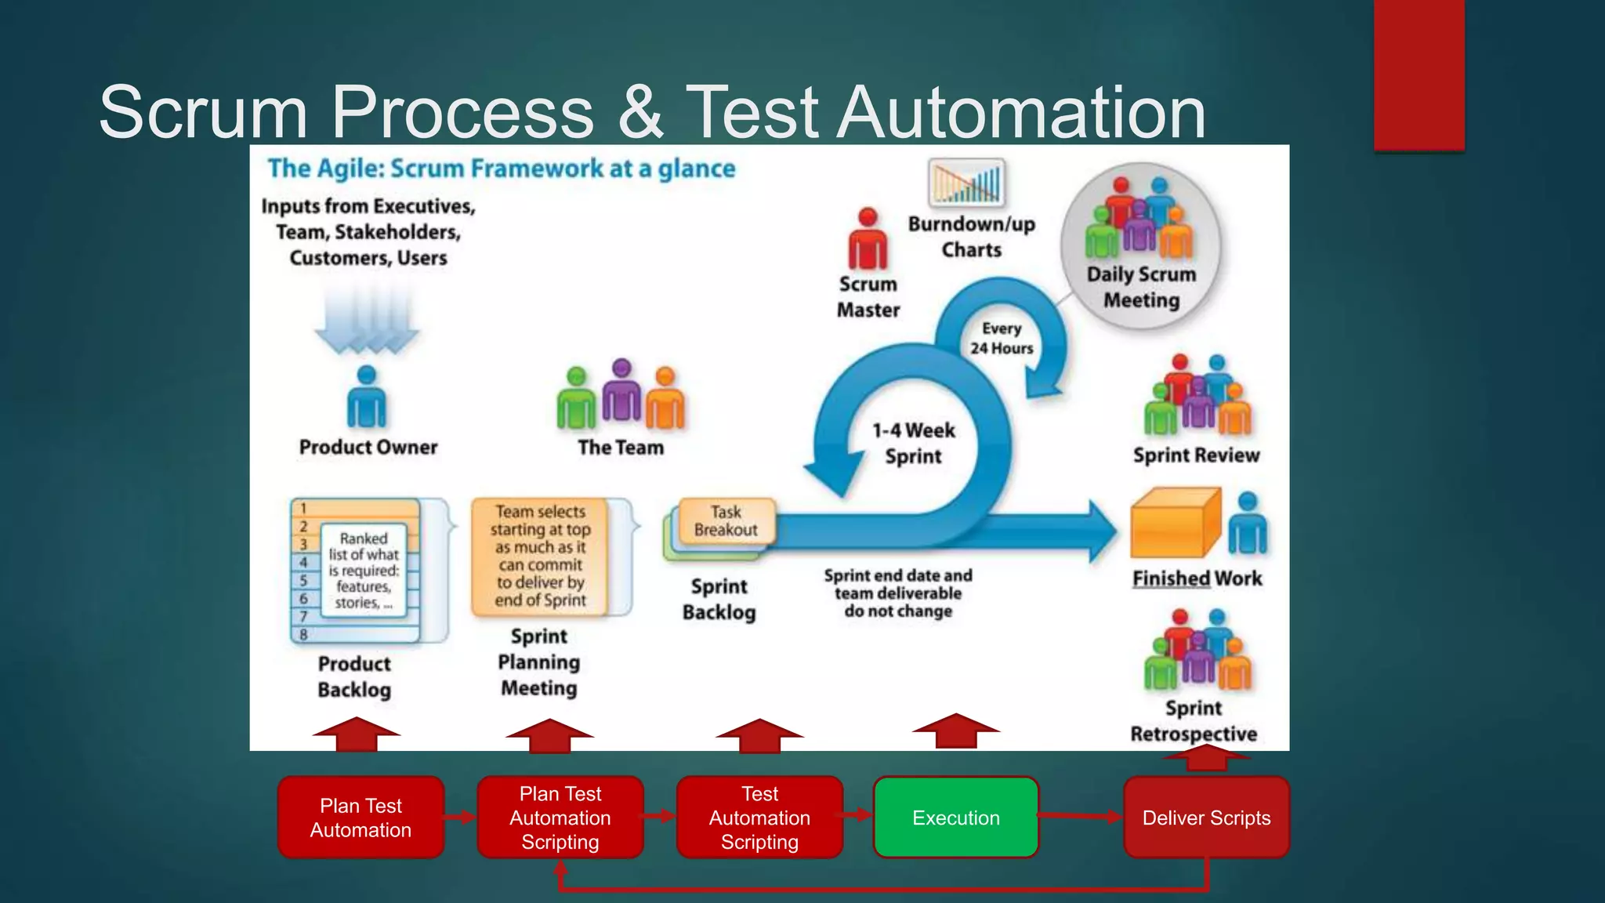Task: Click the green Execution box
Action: point(955,818)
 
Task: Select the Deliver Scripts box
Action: point(1206,818)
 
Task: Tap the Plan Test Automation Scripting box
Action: point(560,818)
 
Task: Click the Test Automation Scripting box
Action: point(759,818)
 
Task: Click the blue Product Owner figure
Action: point(366,397)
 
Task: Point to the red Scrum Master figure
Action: point(868,239)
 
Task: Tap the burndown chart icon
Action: point(966,182)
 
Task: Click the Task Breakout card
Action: point(726,520)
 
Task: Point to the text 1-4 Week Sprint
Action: point(913,443)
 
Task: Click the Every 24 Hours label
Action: point(1001,338)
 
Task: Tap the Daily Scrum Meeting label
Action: point(1141,287)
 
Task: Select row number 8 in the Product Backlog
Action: point(304,634)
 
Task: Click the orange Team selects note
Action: point(540,556)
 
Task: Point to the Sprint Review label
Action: point(1196,455)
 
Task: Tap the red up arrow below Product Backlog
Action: point(356,734)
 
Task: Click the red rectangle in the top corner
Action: point(1418,74)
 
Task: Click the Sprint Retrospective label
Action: point(1194,720)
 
